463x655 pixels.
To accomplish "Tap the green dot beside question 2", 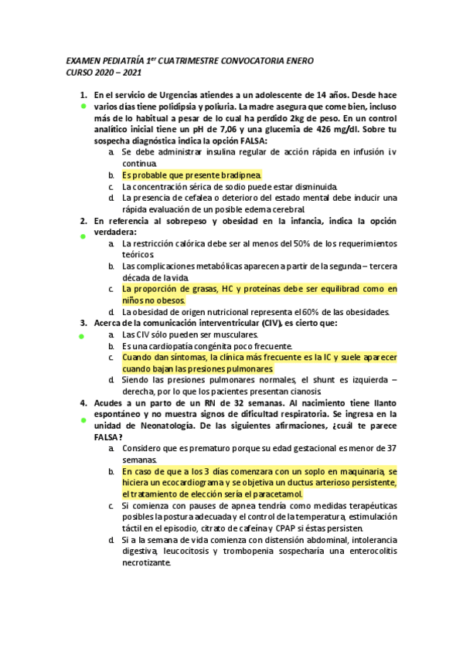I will coord(83,235).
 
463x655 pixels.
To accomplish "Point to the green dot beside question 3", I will coord(83,337).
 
